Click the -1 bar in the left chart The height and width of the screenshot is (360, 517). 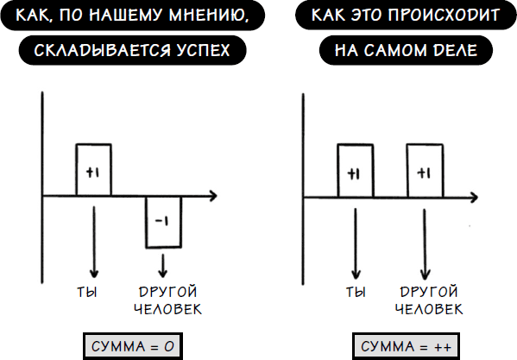pyautogui.click(x=163, y=222)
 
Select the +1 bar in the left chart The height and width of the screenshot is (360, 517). pyautogui.click(x=93, y=170)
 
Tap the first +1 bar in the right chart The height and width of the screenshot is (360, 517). pyautogui.click(x=356, y=171)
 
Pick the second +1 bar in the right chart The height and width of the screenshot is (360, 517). pyautogui.click(x=425, y=171)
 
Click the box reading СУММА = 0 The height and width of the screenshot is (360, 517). pyautogui.click(x=133, y=346)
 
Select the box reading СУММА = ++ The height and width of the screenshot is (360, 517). pyautogui.click(x=406, y=346)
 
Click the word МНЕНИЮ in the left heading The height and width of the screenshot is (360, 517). pyautogui.click(x=209, y=16)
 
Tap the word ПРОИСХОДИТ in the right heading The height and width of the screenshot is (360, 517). pyautogui.click(x=444, y=15)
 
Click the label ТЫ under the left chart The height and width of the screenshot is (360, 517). pyautogui.click(x=87, y=292)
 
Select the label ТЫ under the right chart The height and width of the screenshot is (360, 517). pyautogui.click(x=356, y=292)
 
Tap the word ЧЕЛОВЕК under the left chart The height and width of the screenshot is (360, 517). pyautogui.click(x=167, y=309)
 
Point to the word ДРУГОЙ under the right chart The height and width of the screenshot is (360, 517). pyautogui.click(x=429, y=292)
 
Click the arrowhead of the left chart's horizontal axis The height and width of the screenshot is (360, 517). pyautogui.click(x=214, y=196)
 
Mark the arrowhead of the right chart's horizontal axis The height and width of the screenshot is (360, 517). pyautogui.click(x=474, y=198)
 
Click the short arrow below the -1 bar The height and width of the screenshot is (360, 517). pyautogui.click(x=162, y=266)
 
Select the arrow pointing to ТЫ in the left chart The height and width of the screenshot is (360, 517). pyautogui.click(x=94, y=243)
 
